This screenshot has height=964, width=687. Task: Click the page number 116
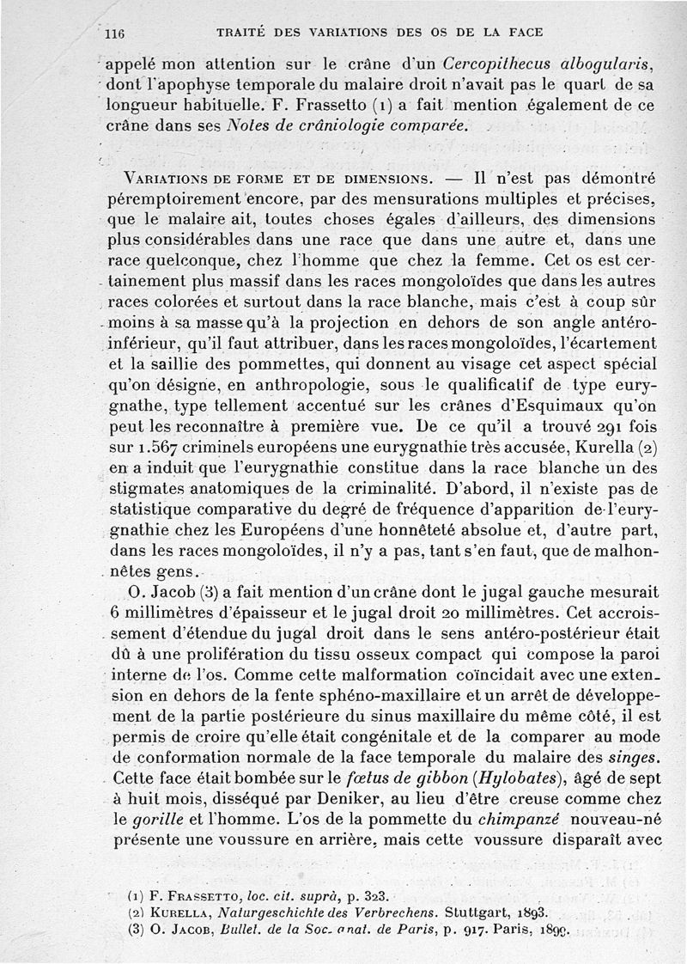(114, 35)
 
